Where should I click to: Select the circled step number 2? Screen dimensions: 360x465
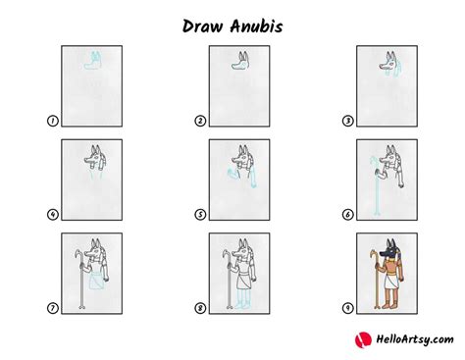coord(199,122)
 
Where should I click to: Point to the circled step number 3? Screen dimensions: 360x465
coord(346,122)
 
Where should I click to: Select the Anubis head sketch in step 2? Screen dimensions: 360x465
coord(239,63)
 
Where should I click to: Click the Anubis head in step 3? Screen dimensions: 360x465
coord(387,62)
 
